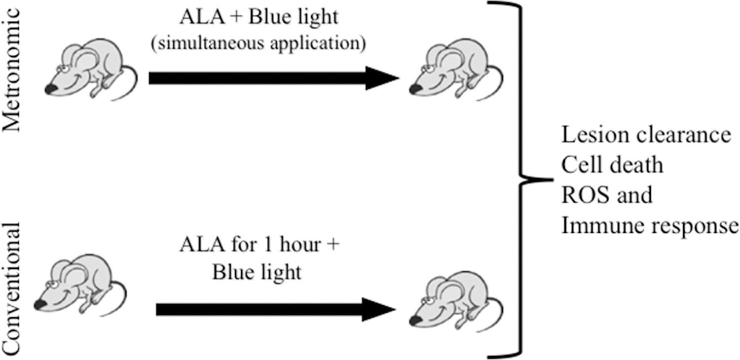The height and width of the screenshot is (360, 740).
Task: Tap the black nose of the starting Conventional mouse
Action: click(x=39, y=306)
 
